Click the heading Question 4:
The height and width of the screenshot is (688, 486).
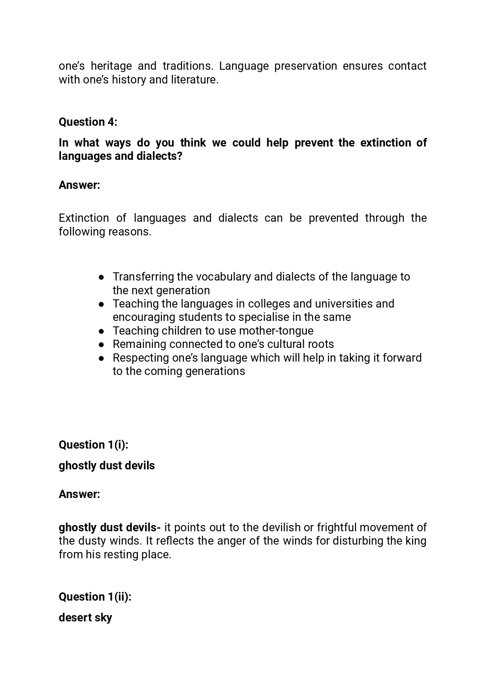coord(88,122)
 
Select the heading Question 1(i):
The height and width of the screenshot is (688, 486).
coord(93,445)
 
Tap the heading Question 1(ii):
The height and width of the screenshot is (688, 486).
coord(95,597)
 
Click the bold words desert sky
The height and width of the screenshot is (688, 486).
coord(85,617)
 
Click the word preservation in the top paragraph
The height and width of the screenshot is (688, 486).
coord(306,66)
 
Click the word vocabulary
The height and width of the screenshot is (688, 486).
coord(223,277)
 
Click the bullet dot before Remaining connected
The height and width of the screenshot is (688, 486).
coord(101,344)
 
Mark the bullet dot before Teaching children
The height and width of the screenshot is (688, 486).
coord(101,331)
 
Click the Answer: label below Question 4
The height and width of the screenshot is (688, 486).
coord(79,185)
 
